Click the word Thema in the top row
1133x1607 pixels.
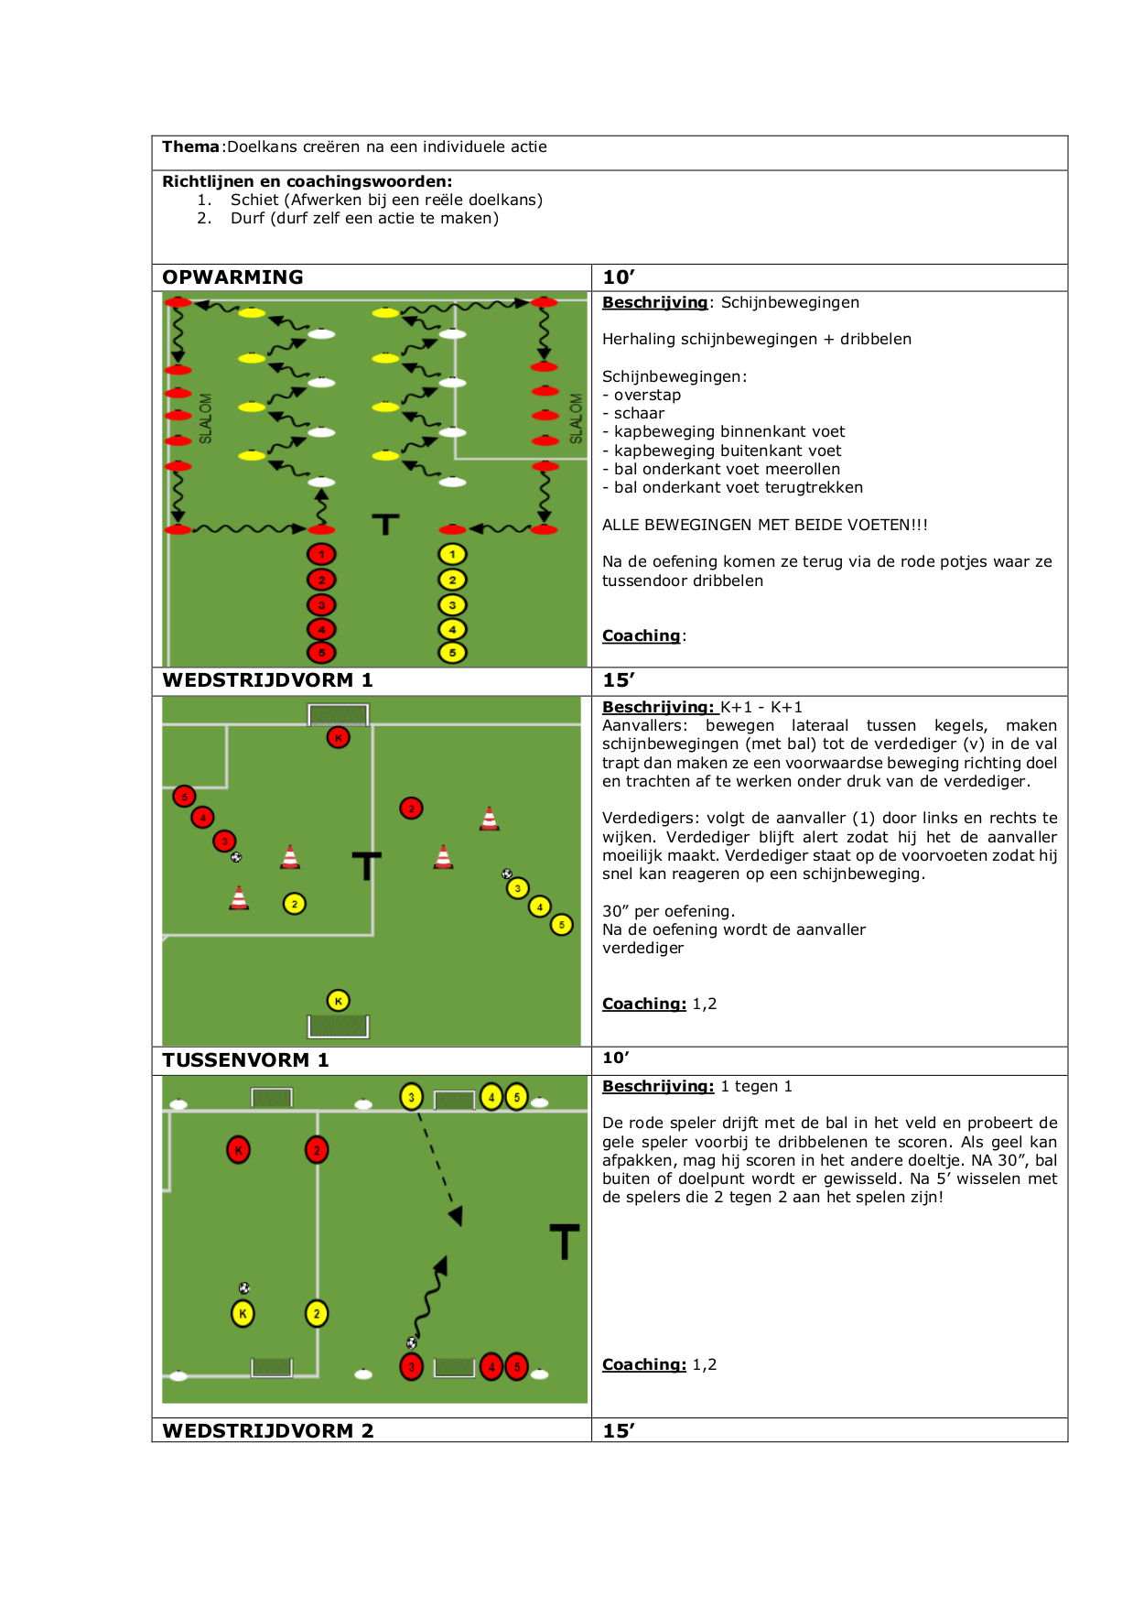pos(190,147)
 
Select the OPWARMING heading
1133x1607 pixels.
pos(232,277)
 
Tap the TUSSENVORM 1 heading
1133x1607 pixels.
pos(245,1060)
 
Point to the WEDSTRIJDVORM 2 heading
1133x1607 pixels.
pos(268,1431)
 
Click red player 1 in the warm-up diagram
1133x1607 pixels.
pos(321,554)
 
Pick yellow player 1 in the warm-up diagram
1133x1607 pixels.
pos(452,554)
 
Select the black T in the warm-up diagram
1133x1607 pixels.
pos(385,524)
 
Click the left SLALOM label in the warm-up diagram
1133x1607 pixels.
pos(205,418)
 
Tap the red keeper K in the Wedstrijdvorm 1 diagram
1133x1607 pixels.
pos(339,737)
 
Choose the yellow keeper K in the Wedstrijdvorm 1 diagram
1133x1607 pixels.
pos(338,1001)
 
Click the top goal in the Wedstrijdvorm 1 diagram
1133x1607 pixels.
pos(339,714)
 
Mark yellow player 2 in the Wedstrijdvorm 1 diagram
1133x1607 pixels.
pos(294,904)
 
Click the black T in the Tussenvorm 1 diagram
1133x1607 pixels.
pos(565,1241)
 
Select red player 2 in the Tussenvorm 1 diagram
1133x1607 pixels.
pos(317,1150)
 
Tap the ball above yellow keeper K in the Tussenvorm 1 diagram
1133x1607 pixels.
pos(244,1287)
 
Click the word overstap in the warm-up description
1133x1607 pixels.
pos(647,396)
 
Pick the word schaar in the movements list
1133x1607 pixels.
pos(639,414)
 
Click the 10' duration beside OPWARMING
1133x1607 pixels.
pos(619,277)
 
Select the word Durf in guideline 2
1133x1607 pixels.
pos(247,218)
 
